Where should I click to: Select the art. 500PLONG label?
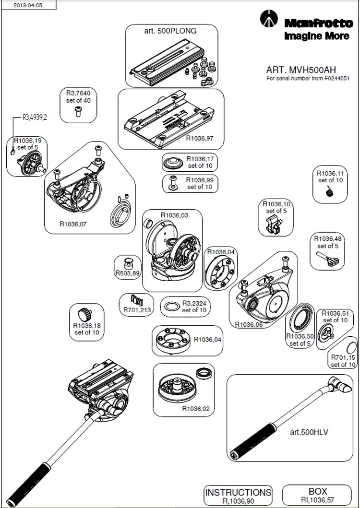pos(170,30)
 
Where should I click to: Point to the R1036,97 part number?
pos(199,138)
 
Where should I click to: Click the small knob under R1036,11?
pos(329,192)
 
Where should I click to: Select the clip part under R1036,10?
pos(273,225)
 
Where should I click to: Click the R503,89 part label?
pos(128,273)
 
